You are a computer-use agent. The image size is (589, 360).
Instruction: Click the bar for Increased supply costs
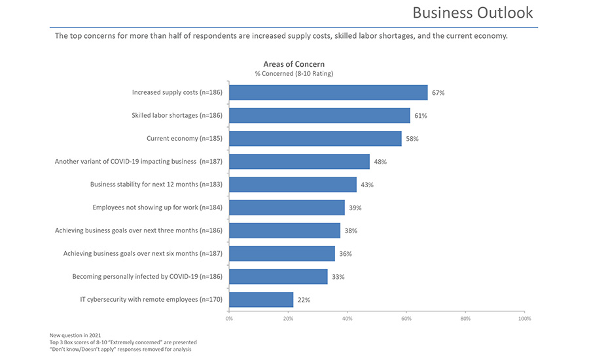328,92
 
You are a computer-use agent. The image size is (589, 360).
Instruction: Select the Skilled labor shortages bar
319,116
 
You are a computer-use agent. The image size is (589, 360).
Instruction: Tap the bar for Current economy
315,139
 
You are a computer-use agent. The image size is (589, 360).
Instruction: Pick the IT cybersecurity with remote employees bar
261,300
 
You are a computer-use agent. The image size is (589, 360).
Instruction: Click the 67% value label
438,93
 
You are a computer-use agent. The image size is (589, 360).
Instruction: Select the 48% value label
380,162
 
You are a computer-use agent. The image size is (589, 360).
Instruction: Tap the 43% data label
366,185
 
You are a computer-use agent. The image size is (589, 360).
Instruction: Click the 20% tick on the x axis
288,319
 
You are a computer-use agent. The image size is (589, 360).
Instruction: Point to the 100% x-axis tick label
524,319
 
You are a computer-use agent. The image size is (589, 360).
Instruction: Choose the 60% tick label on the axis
406,319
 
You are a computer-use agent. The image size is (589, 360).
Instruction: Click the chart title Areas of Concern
294,64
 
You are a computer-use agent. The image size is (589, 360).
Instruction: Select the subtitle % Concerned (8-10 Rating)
294,73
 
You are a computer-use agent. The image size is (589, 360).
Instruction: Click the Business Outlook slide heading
473,12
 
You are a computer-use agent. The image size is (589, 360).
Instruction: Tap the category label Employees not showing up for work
158,207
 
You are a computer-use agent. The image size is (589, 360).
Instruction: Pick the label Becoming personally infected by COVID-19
147,276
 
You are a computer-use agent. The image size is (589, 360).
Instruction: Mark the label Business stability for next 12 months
156,185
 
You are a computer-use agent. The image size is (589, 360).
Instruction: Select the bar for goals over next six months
282,253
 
